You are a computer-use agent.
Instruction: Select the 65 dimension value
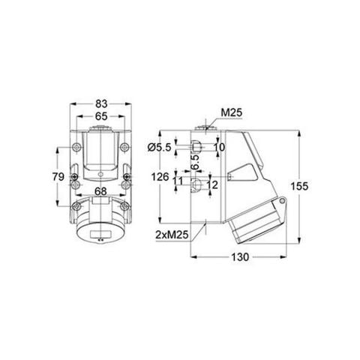pyautogui.click(x=101, y=117)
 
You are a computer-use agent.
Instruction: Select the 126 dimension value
pyautogui.click(x=159, y=178)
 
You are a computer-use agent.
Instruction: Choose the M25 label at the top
pyautogui.click(x=230, y=114)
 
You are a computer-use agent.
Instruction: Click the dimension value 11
pyautogui.click(x=178, y=181)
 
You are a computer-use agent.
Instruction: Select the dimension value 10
pyautogui.click(x=219, y=147)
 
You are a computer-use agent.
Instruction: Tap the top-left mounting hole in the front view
pyautogui.click(x=75, y=147)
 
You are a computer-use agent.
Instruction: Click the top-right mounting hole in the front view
pyautogui.click(x=127, y=147)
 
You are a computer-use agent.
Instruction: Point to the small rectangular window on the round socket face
pyautogui.click(x=100, y=240)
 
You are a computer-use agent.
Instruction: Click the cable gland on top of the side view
pyautogui.click(x=205, y=131)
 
